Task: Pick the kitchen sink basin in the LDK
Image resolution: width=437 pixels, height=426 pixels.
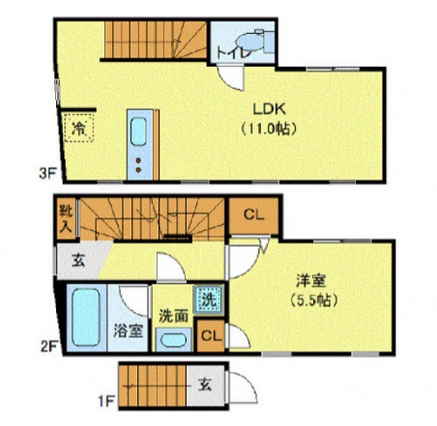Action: (x=139, y=129)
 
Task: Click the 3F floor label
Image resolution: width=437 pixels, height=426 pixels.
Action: (x=46, y=174)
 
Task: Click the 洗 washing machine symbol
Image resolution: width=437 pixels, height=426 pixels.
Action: (x=207, y=299)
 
